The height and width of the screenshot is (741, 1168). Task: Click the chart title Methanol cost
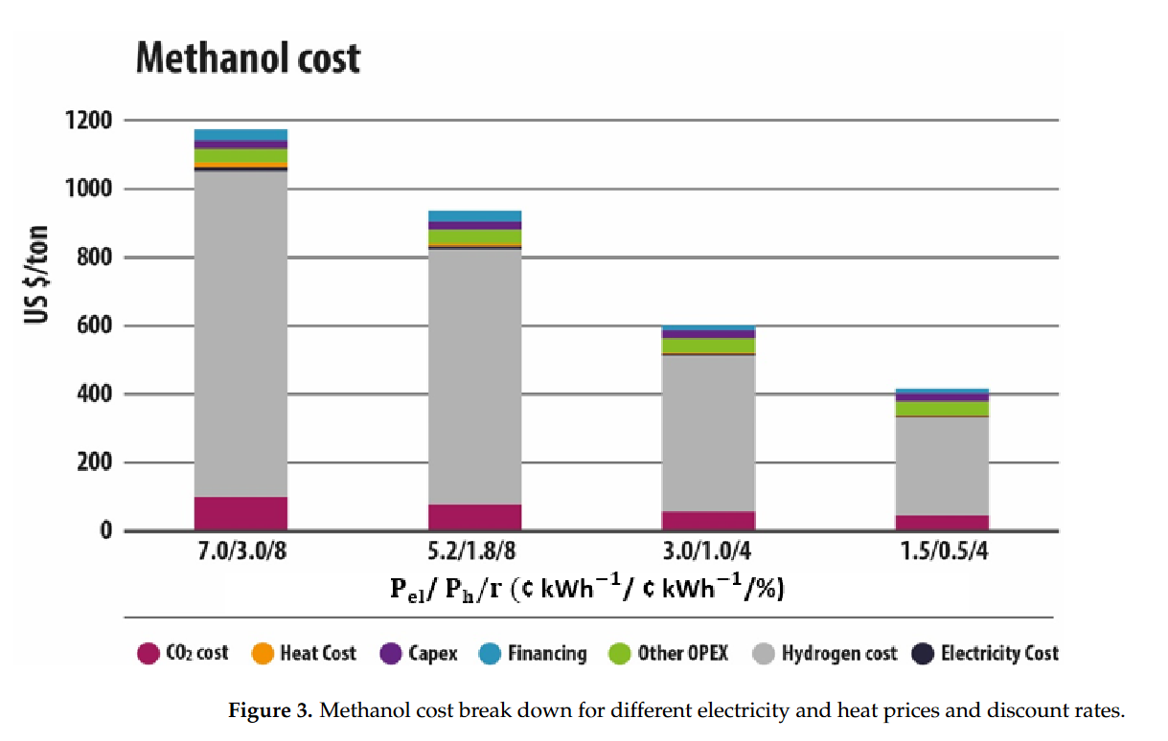[248, 58]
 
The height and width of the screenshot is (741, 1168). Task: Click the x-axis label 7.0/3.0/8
[240, 553]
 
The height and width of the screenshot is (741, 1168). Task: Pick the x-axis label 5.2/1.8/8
[475, 553]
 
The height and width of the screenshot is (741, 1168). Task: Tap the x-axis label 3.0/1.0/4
[709, 553]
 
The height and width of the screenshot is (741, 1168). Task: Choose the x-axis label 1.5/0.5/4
[943, 553]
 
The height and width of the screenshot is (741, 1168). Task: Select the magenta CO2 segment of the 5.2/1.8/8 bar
[475, 517]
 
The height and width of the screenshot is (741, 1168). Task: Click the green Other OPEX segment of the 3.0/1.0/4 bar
[709, 346]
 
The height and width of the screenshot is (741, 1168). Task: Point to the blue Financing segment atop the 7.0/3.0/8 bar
[240, 135]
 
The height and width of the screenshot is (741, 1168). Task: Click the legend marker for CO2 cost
[148, 654]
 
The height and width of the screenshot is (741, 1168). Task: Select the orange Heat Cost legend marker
[262, 654]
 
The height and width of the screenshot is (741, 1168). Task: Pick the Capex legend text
[432, 654]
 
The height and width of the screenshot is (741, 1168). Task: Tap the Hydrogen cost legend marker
[764, 654]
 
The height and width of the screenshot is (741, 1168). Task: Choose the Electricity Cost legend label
[999, 654]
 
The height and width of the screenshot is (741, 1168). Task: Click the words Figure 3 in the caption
[269, 711]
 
